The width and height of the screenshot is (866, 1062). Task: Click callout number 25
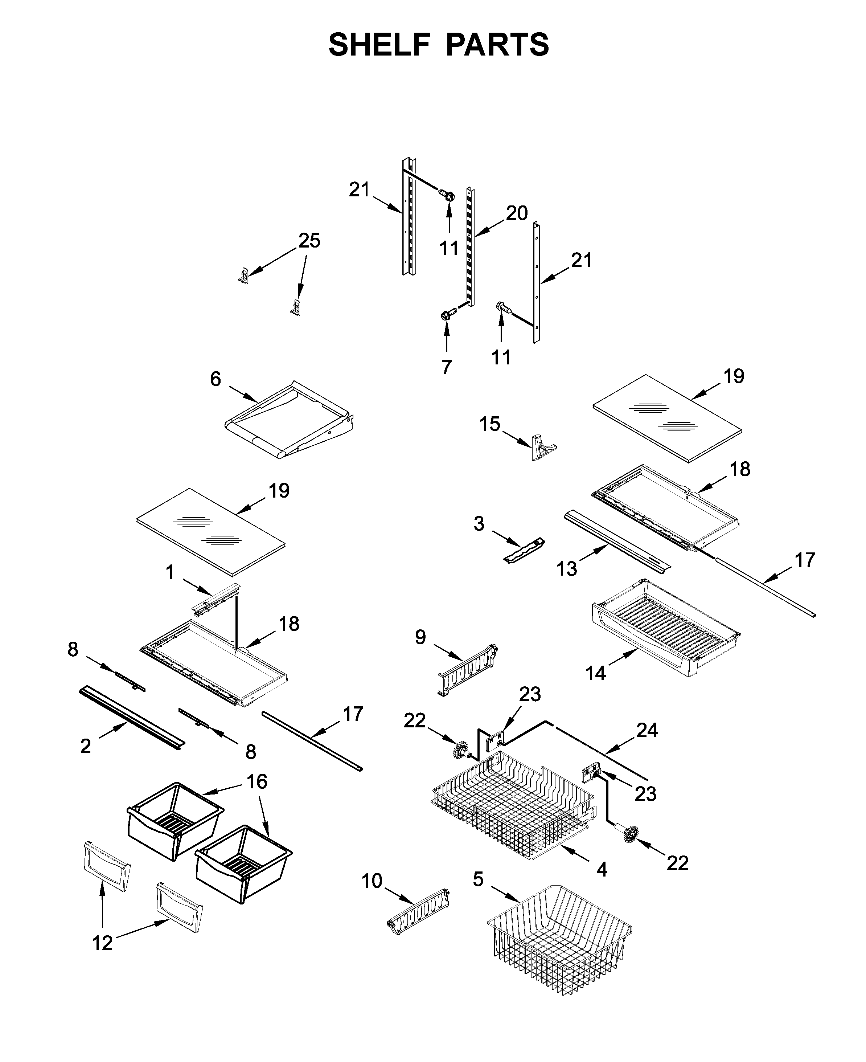pos(309,241)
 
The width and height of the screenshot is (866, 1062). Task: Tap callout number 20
pos(516,213)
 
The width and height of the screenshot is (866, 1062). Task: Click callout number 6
pos(215,379)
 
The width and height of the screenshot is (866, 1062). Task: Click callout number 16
pos(257,781)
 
